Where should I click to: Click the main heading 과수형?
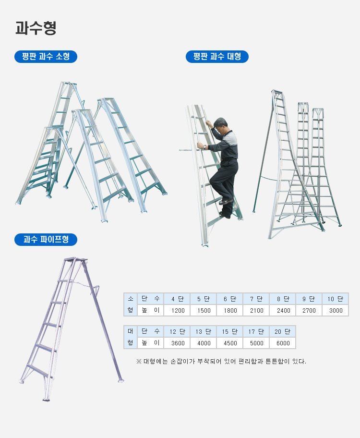pos(36,28)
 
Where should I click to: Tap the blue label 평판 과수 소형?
pos(46,57)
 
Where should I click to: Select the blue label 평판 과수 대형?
pos(217,57)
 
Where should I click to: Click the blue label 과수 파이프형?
pos(46,239)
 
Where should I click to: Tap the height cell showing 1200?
pos(178,310)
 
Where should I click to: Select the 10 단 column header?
pos(335,299)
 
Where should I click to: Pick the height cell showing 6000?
pos(283,343)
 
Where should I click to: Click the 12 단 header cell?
pos(177,331)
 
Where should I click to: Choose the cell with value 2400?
pos(283,310)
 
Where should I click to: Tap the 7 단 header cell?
pos(256,299)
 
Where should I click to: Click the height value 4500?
pos(230,343)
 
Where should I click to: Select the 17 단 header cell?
pos(256,331)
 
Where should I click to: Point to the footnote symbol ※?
pos(139,362)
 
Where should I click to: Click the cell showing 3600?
pos(178,343)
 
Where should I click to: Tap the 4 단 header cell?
pos(177,299)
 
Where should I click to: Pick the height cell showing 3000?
pos(336,310)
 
